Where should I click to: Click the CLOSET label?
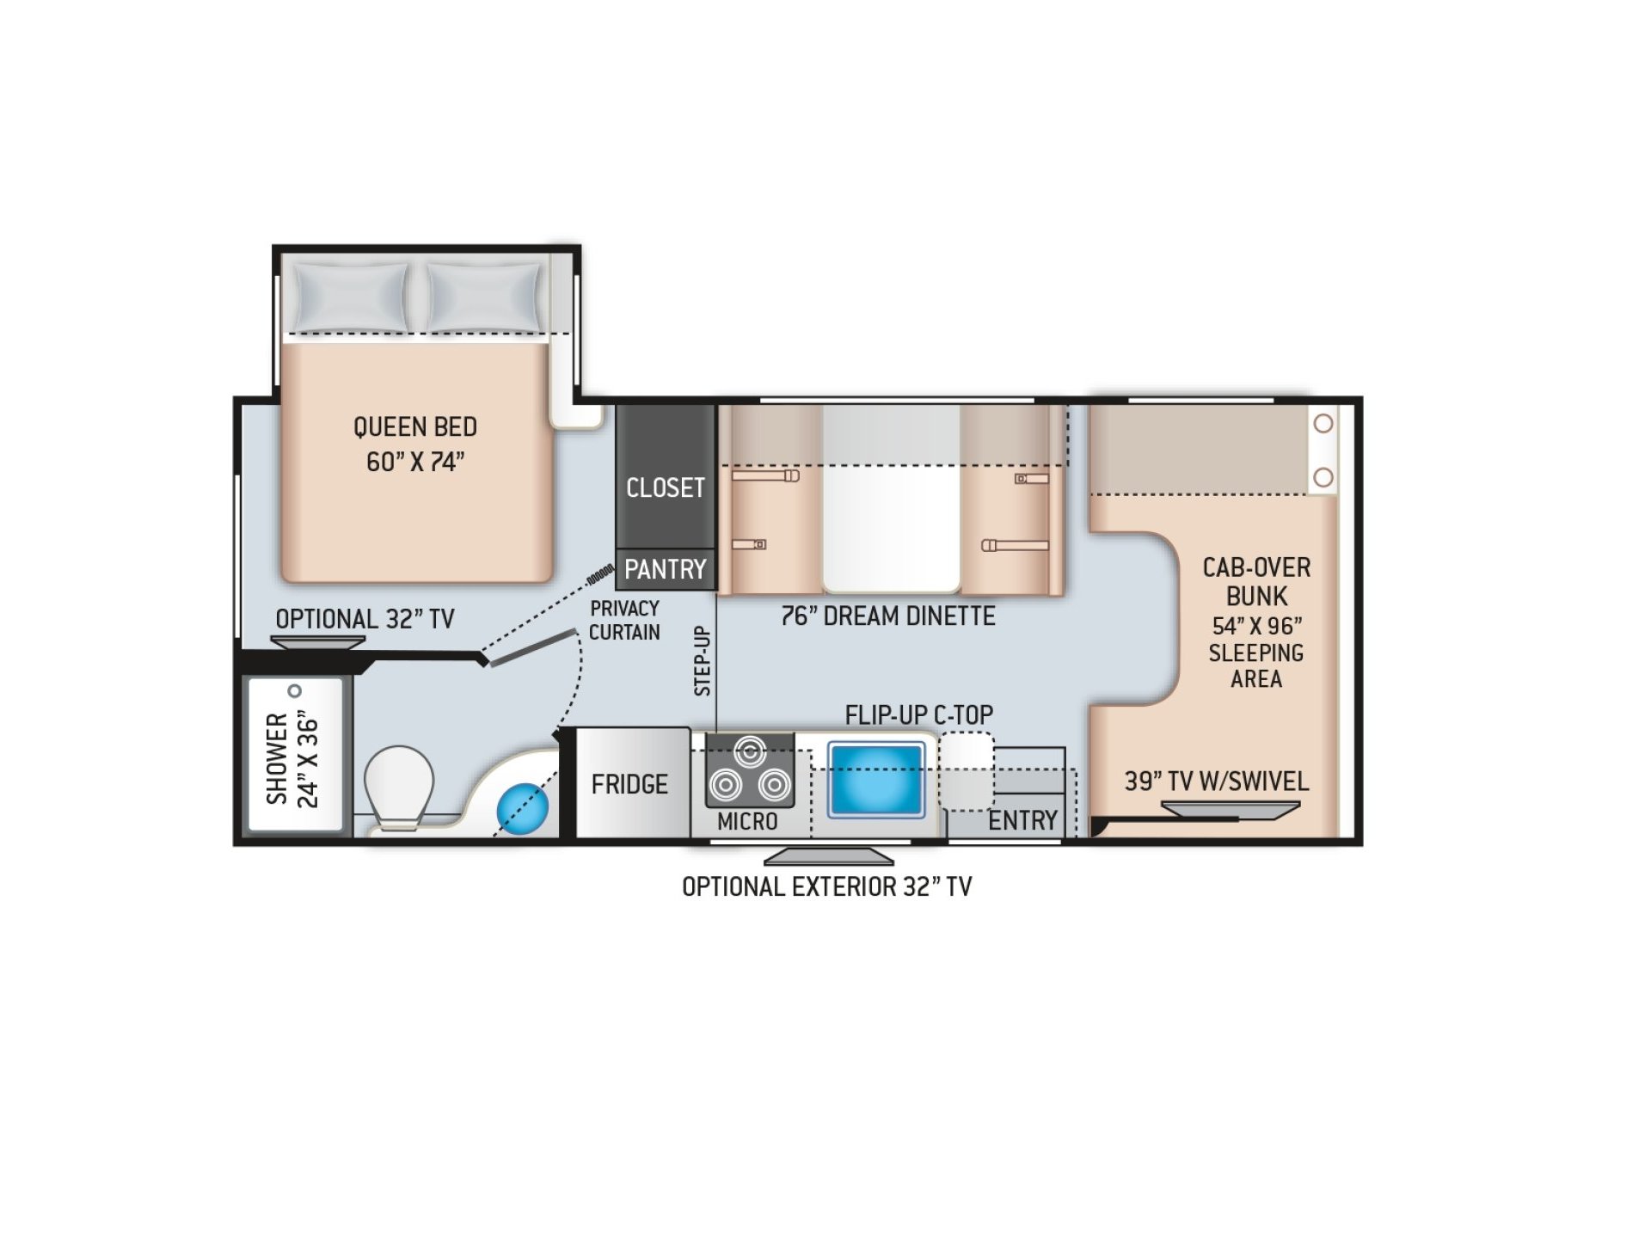(665, 487)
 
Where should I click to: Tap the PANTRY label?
(665, 569)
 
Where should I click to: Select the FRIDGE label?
(629, 784)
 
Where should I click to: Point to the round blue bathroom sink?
(522, 807)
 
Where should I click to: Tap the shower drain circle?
(295, 690)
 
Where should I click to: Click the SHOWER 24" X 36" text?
(292, 758)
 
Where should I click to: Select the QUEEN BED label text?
(415, 427)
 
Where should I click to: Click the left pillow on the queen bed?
(347, 297)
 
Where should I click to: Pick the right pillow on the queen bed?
(484, 297)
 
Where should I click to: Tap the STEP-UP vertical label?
(703, 660)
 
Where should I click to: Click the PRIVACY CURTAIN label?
(624, 620)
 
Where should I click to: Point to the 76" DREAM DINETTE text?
(888, 616)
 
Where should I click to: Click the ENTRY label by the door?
(1022, 820)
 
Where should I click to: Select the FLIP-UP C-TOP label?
(918, 714)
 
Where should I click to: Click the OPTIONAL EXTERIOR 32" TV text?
(826, 886)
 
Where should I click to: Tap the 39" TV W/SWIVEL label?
(1217, 781)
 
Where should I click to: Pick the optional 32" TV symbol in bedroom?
(318, 642)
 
